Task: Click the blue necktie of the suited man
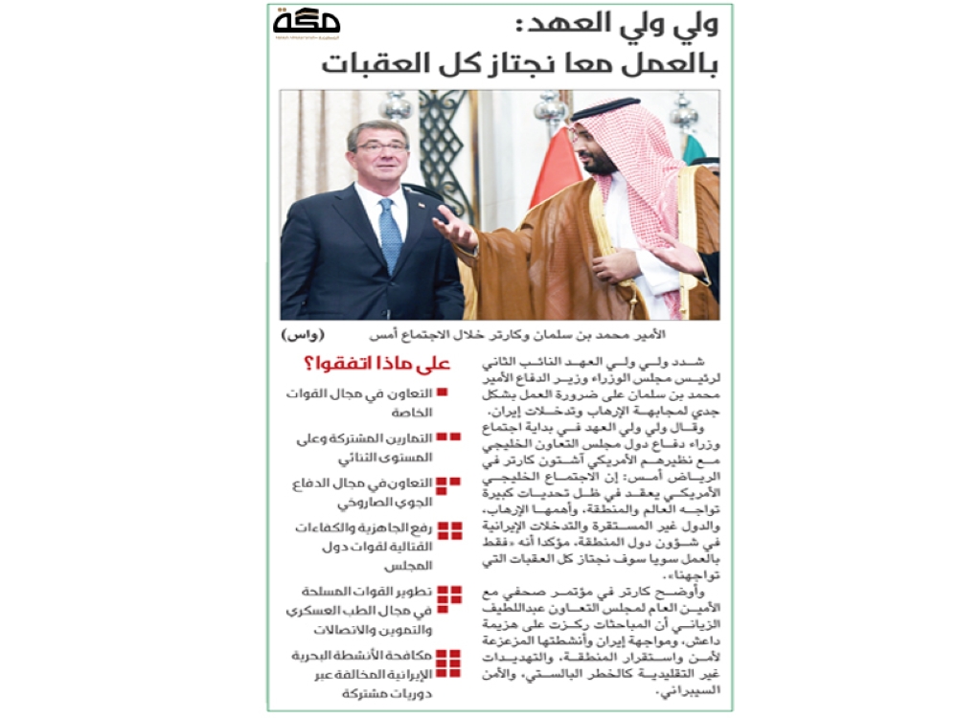[391, 235]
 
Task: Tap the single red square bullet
[442, 393]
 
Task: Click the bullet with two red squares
[447, 438]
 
